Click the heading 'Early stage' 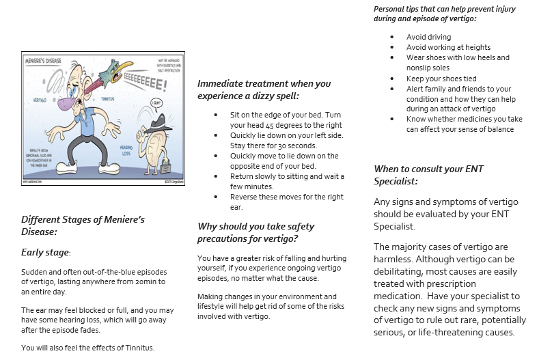point(46,252)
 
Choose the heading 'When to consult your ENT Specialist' point(424,174)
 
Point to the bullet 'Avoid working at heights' point(448,47)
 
